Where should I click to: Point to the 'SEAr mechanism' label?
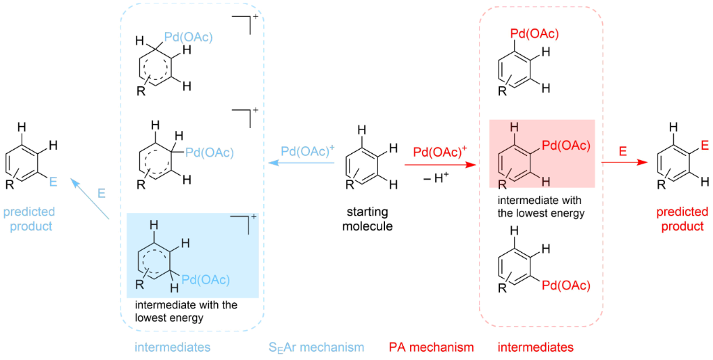tap(316, 347)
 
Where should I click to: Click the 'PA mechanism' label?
tap(431, 347)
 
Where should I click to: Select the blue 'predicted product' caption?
tap(29, 219)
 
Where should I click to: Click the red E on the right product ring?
tap(705, 146)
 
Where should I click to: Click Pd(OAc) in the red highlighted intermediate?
tap(565, 146)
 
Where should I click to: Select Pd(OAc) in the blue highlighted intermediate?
tap(207, 280)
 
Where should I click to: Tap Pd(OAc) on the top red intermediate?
tap(534, 33)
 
